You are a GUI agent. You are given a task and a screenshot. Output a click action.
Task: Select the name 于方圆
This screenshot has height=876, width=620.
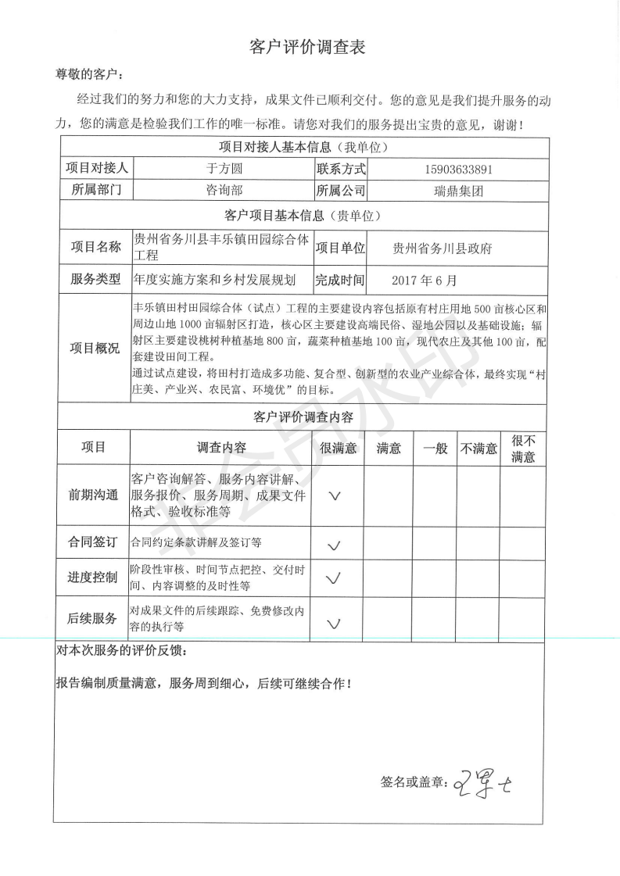[x=223, y=168]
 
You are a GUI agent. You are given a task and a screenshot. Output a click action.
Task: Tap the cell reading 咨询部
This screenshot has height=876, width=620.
[x=223, y=190]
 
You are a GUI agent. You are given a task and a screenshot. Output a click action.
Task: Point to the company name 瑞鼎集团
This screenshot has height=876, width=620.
[x=457, y=190]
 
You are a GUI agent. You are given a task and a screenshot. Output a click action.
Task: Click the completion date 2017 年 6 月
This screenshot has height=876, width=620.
[x=423, y=279]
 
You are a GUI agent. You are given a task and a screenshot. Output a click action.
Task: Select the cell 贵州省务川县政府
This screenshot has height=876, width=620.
[x=443, y=248]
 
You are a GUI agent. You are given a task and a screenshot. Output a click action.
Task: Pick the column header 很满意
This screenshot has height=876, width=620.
[x=338, y=448]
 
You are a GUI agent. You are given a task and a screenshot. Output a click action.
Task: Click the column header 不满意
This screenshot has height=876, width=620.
[x=478, y=448]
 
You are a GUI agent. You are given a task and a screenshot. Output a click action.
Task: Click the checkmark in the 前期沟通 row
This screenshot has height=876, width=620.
[x=335, y=496]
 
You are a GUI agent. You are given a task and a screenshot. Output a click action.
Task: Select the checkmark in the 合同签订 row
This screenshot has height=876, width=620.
[x=335, y=545]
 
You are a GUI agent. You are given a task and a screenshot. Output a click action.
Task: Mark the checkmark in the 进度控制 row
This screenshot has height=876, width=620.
[x=334, y=579]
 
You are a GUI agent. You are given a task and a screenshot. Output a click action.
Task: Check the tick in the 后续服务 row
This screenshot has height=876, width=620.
[x=335, y=624]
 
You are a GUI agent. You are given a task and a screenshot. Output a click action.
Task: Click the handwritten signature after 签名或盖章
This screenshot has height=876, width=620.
[x=487, y=781]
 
